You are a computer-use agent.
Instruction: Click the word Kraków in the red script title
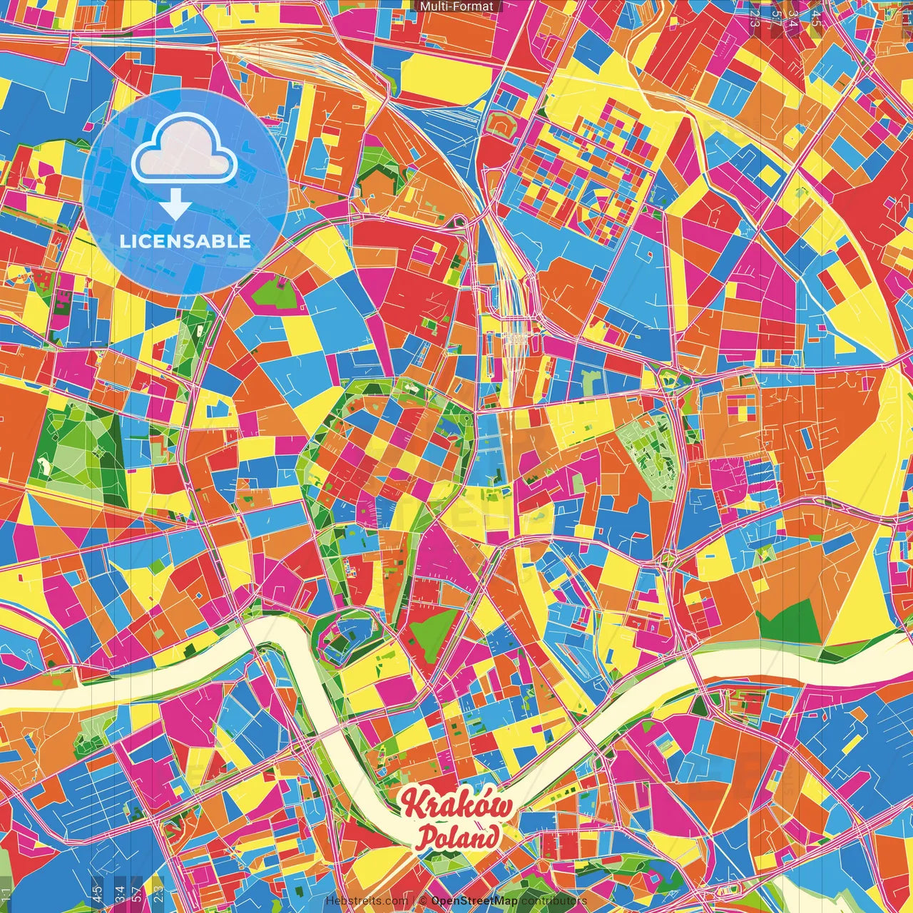click(x=456, y=805)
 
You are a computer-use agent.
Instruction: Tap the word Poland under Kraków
click(x=458, y=837)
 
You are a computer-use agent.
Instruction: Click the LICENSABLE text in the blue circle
click(x=185, y=241)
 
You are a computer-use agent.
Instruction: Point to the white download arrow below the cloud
click(x=175, y=207)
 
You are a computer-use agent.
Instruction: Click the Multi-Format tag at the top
click(x=456, y=6)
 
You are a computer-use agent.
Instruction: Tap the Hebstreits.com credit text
click(x=367, y=901)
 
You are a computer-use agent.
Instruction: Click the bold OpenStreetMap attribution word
click(x=474, y=901)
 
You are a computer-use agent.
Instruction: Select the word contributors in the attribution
click(x=554, y=901)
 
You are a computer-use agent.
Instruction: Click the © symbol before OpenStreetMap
click(x=422, y=901)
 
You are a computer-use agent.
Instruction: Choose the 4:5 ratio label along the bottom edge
click(x=97, y=892)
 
